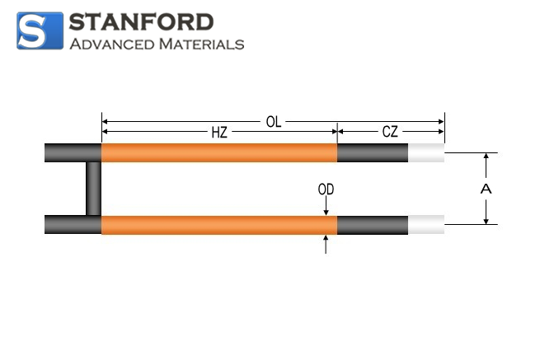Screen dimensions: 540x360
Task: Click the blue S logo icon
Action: tap(40, 31)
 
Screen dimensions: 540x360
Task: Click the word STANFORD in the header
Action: tap(141, 22)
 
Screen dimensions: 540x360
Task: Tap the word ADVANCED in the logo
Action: tap(112, 44)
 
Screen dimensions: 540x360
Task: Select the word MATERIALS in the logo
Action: tap(201, 44)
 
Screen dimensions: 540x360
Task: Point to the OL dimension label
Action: tap(274, 122)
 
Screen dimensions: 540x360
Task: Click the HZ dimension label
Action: tap(219, 132)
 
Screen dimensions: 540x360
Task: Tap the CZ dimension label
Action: tap(390, 132)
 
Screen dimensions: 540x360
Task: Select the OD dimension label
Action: tap(326, 189)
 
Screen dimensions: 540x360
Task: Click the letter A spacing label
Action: tap(486, 189)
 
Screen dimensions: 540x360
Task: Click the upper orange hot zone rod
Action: tap(219, 152)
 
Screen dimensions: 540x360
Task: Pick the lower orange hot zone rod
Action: tap(219, 225)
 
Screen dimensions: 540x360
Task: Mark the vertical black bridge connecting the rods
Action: tap(93, 189)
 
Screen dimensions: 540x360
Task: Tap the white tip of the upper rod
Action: tap(426, 152)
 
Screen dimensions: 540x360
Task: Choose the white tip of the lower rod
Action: tap(426, 225)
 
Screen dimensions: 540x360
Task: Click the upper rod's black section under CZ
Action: tap(373, 152)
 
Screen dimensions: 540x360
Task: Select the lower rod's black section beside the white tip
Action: tap(373, 225)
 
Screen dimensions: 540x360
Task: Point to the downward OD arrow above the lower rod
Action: tap(326, 207)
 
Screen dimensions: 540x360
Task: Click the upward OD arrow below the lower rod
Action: tap(326, 244)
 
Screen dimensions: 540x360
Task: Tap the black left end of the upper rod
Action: tap(73, 152)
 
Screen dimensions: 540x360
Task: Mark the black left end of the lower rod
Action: tap(73, 225)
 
